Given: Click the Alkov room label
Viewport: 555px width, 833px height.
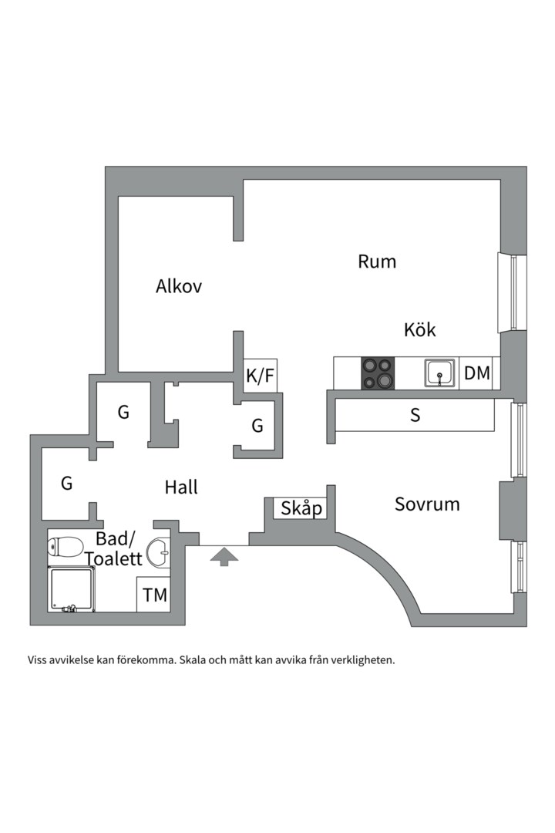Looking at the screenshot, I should [179, 286].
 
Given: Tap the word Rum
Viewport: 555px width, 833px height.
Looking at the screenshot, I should [377, 261].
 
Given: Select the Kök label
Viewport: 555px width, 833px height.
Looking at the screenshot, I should [420, 330].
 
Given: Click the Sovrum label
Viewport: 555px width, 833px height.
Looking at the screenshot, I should [427, 504].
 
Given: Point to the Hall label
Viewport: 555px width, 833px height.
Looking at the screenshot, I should [181, 487].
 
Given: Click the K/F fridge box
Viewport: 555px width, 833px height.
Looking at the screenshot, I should [260, 376].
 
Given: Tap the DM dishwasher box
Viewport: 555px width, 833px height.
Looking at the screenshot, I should [477, 373].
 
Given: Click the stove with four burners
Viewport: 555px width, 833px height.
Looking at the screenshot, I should [378, 373].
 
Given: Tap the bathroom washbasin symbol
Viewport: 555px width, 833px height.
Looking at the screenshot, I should [160, 551].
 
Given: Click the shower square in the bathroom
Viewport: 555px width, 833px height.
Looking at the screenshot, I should [71, 589].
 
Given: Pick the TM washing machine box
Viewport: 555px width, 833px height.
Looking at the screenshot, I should [155, 595].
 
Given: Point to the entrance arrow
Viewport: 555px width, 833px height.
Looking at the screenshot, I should [224, 557].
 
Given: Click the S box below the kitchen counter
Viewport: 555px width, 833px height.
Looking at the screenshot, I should [415, 416].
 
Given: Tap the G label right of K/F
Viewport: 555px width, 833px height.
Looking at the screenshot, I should [257, 425].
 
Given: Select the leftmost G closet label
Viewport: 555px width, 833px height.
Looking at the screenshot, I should [67, 484].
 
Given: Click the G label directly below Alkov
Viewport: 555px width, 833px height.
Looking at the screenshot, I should [123, 413].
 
